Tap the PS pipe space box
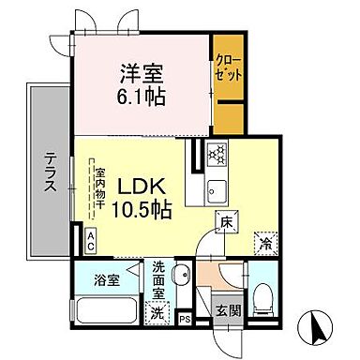[x=185, y=319]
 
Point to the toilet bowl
[x=264, y=298]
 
